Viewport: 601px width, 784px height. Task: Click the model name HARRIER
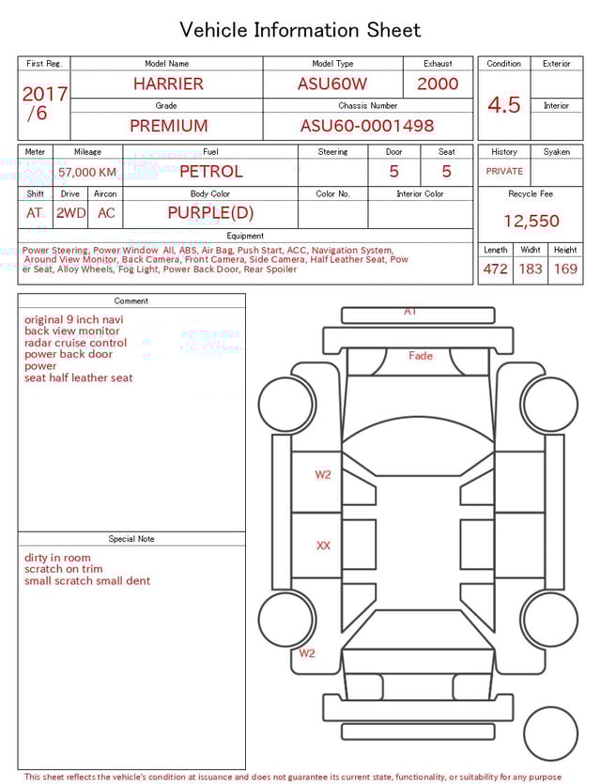click(167, 84)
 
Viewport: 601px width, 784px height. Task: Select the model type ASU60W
click(332, 84)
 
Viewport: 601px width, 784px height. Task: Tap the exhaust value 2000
click(438, 84)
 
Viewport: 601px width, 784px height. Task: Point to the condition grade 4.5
click(503, 105)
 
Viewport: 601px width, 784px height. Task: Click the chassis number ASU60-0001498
click(367, 126)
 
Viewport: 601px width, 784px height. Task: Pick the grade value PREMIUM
click(169, 126)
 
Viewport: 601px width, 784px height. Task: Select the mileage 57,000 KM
click(87, 172)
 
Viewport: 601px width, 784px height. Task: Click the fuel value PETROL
click(210, 171)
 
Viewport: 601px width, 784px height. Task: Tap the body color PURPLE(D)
click(210, 212)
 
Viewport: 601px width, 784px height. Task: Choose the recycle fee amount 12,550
click(531, 222)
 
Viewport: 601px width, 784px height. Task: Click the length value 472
click(495, 269)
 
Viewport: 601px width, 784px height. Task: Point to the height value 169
click(565, 269)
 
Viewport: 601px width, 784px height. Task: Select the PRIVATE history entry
click(504, 172)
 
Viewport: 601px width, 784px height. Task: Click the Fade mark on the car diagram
click(421, 356)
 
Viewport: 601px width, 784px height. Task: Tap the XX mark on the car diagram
click(323, 546)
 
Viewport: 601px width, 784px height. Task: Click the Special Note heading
click(131, 539)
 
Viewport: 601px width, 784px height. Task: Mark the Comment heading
click(131, 301)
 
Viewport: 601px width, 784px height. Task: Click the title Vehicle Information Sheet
click(300, 30)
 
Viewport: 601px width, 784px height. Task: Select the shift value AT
click(35, 213)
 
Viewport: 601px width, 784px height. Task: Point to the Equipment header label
click(245, 236)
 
